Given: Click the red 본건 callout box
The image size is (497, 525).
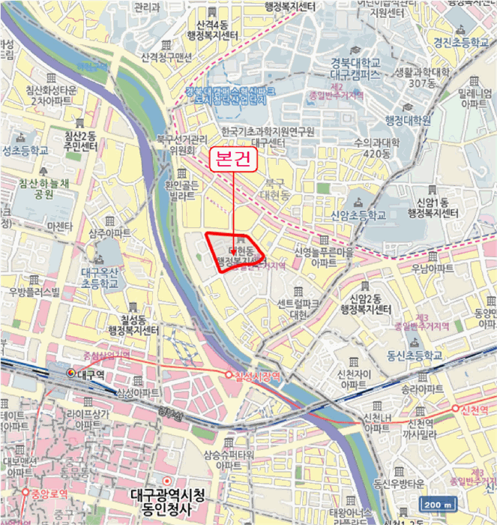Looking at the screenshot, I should pyautogui.click(x=232, y=160).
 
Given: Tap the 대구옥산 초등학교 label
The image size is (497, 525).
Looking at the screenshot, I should pyautogui.click(x=100, y=279).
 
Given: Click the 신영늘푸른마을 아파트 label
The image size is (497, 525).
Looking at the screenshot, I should pyautogui.click(x=325, y=257).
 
